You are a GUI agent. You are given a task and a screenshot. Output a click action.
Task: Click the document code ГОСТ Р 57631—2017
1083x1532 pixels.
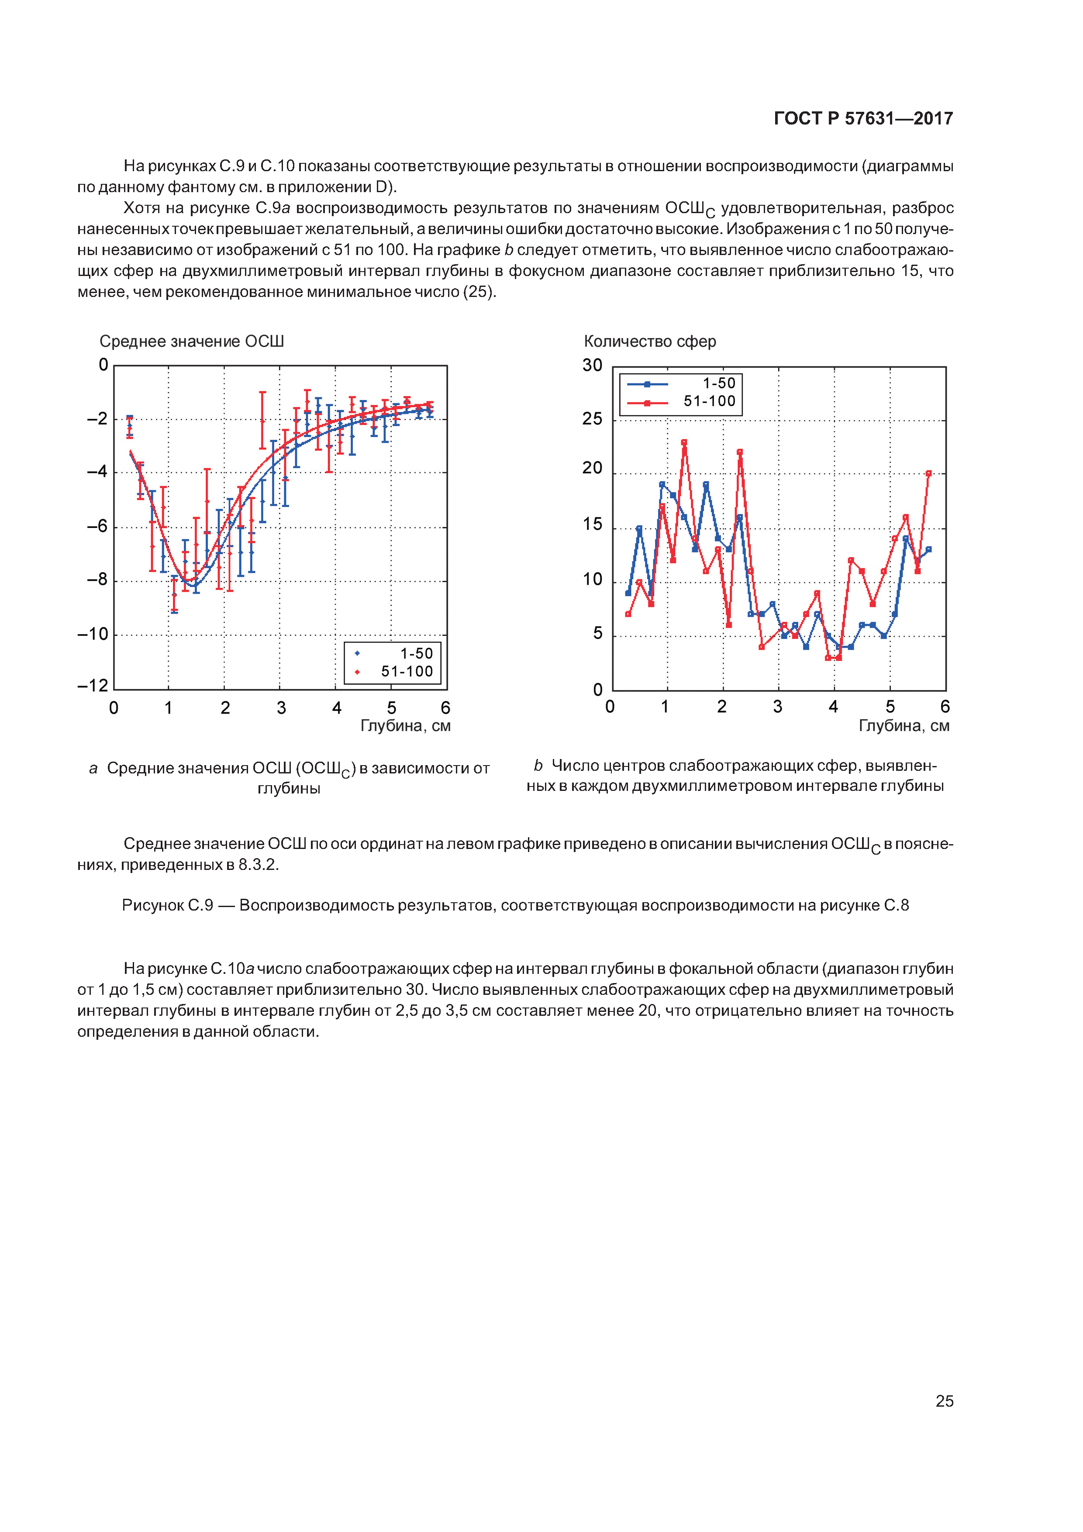(x=863, y=119)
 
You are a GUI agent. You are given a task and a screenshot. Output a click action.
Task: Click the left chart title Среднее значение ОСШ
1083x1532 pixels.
(x=192, y=342)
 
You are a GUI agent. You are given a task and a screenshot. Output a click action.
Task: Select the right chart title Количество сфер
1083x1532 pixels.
(x=649, y=342)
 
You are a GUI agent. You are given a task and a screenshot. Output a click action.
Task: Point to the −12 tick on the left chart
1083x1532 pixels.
(x=93, y=686)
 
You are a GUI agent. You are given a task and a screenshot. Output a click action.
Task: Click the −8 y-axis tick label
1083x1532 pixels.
(x=97, y=580)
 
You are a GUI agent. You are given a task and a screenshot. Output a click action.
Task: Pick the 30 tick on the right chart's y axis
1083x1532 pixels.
(x=593, y=366)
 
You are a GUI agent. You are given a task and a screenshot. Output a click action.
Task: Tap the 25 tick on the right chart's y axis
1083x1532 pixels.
(x=593, y=419)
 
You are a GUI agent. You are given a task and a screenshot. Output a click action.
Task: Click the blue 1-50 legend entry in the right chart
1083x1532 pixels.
(x=681, y=384)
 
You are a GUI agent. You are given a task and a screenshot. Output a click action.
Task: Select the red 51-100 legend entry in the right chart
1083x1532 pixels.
(x=681, y=402)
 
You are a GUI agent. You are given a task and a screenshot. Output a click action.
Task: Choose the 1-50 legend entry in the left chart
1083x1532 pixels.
(x=394, y=654)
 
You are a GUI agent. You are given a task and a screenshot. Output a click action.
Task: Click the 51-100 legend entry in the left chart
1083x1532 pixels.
(x=394, y=672)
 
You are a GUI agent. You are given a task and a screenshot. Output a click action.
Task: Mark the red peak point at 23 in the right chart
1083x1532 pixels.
(x=684, y=442)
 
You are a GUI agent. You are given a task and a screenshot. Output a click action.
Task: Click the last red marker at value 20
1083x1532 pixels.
(x=928, y=474)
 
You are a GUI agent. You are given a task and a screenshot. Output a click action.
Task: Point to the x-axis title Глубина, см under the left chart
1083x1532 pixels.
(x=405, y=726)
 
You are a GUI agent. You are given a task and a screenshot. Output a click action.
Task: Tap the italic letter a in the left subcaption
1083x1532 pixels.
(x=93, y=769)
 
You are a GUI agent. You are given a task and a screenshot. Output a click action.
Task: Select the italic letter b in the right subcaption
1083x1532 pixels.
(x=538, y=766)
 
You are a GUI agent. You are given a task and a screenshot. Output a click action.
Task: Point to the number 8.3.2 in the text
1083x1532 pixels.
(x=256, y=865)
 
